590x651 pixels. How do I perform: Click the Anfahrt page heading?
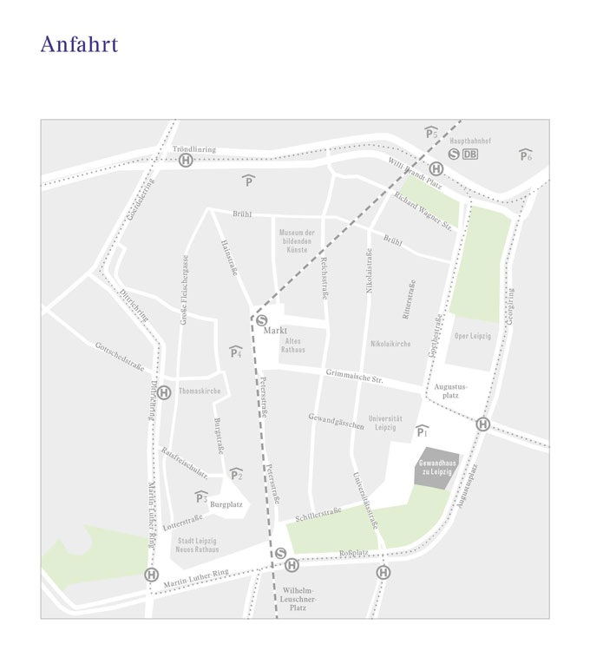(79, 45)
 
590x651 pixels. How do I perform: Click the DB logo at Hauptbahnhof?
(470, 155)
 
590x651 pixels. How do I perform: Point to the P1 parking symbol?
(423, 431)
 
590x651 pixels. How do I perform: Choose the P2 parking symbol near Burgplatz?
(236, 475)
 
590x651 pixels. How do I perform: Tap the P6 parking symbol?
(525, 155)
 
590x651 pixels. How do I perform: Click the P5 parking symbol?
(431, 133)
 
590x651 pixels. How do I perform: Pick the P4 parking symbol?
(235, 352)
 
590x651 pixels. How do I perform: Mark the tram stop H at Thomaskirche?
(164, 392)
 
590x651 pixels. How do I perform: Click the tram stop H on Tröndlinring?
(185, 161)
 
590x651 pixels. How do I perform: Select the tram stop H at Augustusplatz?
(482, 424)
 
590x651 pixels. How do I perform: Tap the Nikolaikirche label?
(390, 344)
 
